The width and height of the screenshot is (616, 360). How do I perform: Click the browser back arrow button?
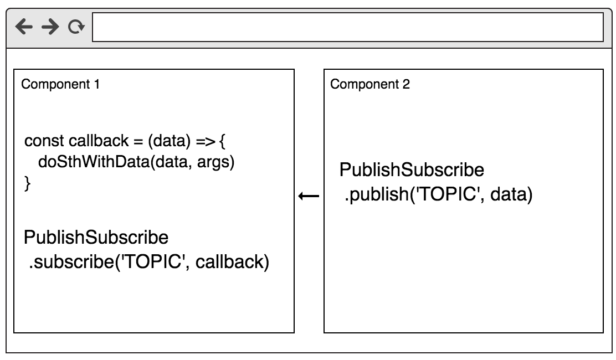pyautogui.click(x=24, y=27)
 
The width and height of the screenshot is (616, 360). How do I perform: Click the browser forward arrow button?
pyautogui.click(x=50, y=27)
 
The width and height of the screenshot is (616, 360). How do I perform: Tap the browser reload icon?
pyautogui.click(x=76, y=27)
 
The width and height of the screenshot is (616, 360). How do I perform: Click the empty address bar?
pyautogui.click(x=347, y=28)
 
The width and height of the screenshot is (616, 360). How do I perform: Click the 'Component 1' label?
pyautogui.click(x=60, y=85)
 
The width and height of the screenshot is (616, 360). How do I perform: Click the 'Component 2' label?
pyautogui.click(x=370, y=85)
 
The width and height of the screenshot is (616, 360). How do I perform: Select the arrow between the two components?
pyautogui.click(x=309, y=196)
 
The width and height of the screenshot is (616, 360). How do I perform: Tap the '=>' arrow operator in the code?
pyautogui.click(x=205, y=141)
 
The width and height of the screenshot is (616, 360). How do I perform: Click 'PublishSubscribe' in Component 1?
pyautogui.click(x=96, y=238)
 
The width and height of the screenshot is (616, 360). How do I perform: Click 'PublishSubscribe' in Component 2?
pyautogui.click(x=412, y=170)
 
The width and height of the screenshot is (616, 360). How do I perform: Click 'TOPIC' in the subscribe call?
pyautogui.click(x=153, y=262)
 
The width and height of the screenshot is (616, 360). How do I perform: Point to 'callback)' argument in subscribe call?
pyautogui.click(x=232, y=262)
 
